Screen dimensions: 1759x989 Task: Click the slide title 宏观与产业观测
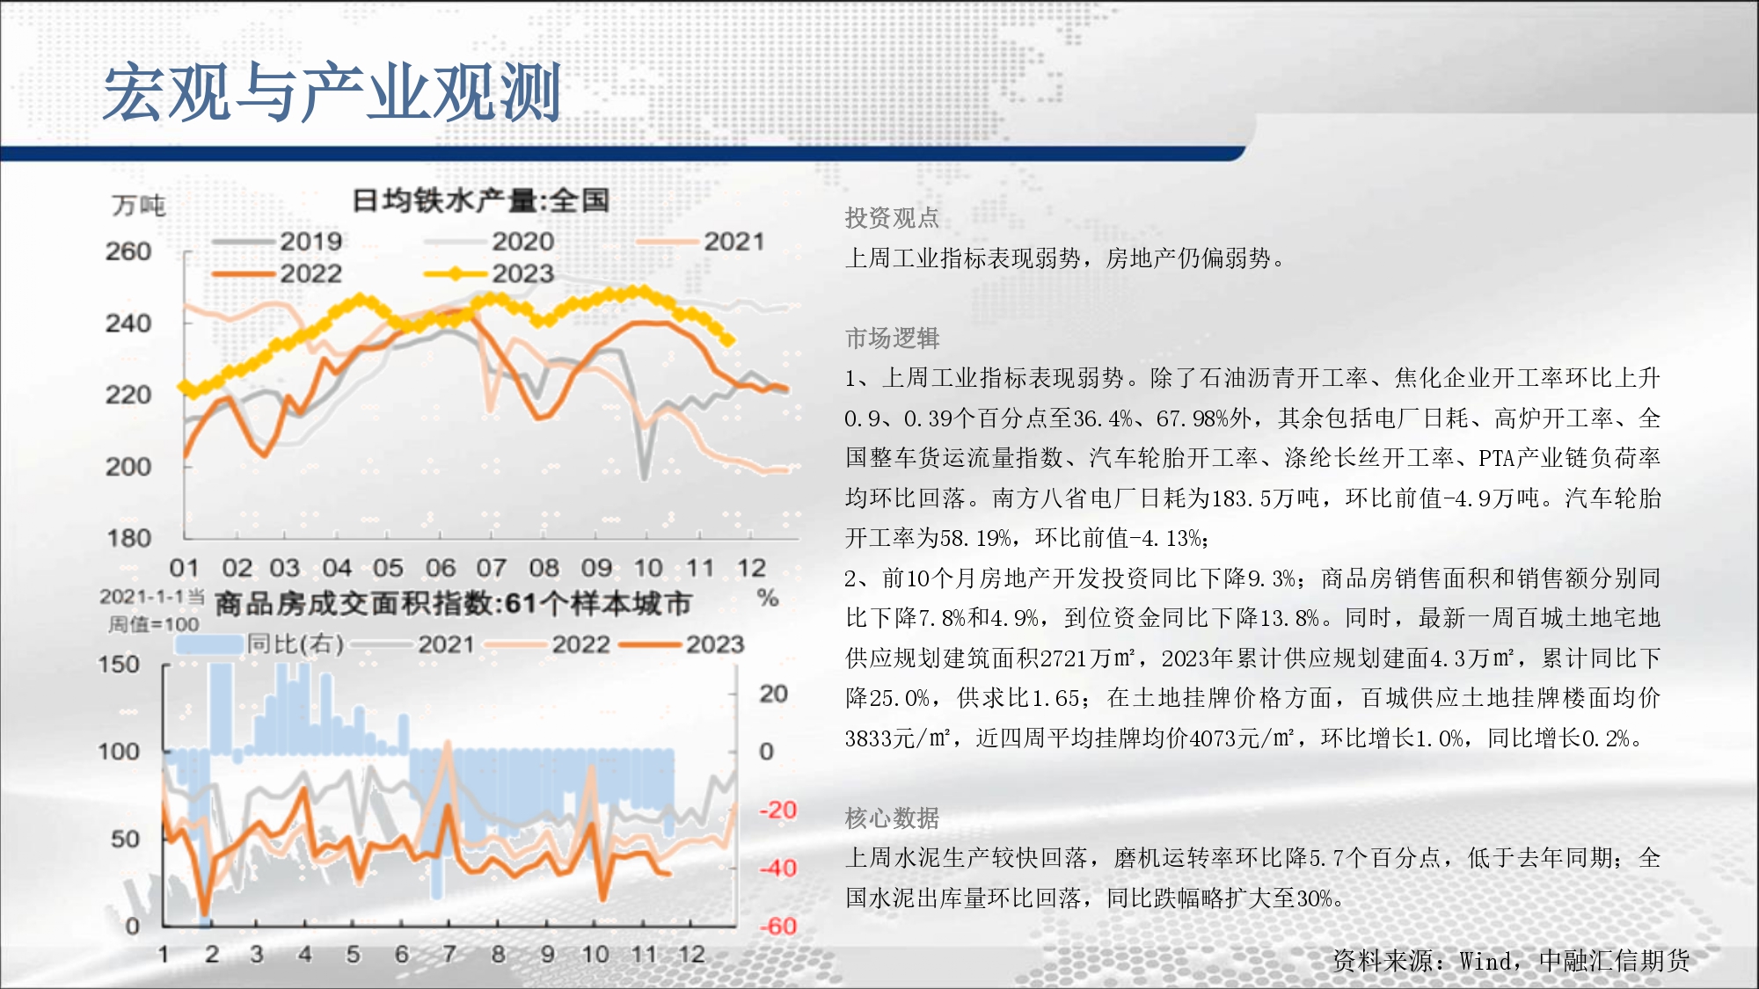pyautogui.click(x=332, y=92)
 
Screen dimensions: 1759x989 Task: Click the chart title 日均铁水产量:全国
pyautogui.click(x=480, y=200)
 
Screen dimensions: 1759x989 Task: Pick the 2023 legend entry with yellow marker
pyautogui.click(x=489, y=273)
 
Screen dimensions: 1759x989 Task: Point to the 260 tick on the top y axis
pyautogui.click(x=128, y=251)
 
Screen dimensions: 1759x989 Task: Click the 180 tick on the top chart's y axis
pyautogui.click(x=128, y=538)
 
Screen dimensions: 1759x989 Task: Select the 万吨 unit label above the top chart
pyautogui.click(x=139, y=206)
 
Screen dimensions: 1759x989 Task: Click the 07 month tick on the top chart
pyautogui.click(x=491, y=568)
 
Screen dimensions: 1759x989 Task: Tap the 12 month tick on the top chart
pyautogui.click(x=751, y=568)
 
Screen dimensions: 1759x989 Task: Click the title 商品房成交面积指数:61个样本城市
pyautogui.click(x=453, y=604)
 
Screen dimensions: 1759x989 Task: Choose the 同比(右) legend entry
pyautogui.click(x=259, y=644)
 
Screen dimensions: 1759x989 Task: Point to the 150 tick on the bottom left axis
pyautogui.click(x=119, y=664)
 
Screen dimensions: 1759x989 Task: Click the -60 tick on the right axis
pyautogui.click(x=778, y=926)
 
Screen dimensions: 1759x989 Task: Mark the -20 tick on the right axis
pyautogui.click(x=778, y=810)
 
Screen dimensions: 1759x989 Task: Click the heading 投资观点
pyautogui.click(x=892, y=217)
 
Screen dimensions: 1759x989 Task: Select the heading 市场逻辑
pyautogui.click(x=892, y=338)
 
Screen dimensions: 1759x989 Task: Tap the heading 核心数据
pyautogui.click(x=892, y=818)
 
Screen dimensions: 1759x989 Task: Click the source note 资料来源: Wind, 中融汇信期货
pyautogui.click(x=1511, y=961)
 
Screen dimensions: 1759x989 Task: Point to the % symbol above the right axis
pyautogui.click(x=768, y=599)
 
